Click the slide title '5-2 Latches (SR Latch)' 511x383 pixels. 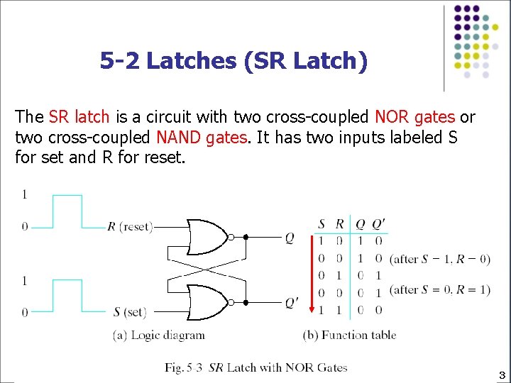tap(233, 61)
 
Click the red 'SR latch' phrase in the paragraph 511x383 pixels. tap(79, 117)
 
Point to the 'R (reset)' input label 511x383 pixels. tap(130, 227)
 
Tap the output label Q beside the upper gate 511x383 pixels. tap(290, 238)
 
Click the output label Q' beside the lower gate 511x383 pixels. tap(292, 304)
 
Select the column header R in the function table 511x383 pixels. tap(339, 225)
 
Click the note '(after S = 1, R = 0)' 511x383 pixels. tap(440, 259)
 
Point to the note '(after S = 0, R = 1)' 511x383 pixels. tap(440, 290)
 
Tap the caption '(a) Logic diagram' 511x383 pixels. tap(159, 335)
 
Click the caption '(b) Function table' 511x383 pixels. tap(350, 335)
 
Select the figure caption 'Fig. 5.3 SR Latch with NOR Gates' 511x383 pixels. tap(256, 367)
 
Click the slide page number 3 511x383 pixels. tap(501, 374)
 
